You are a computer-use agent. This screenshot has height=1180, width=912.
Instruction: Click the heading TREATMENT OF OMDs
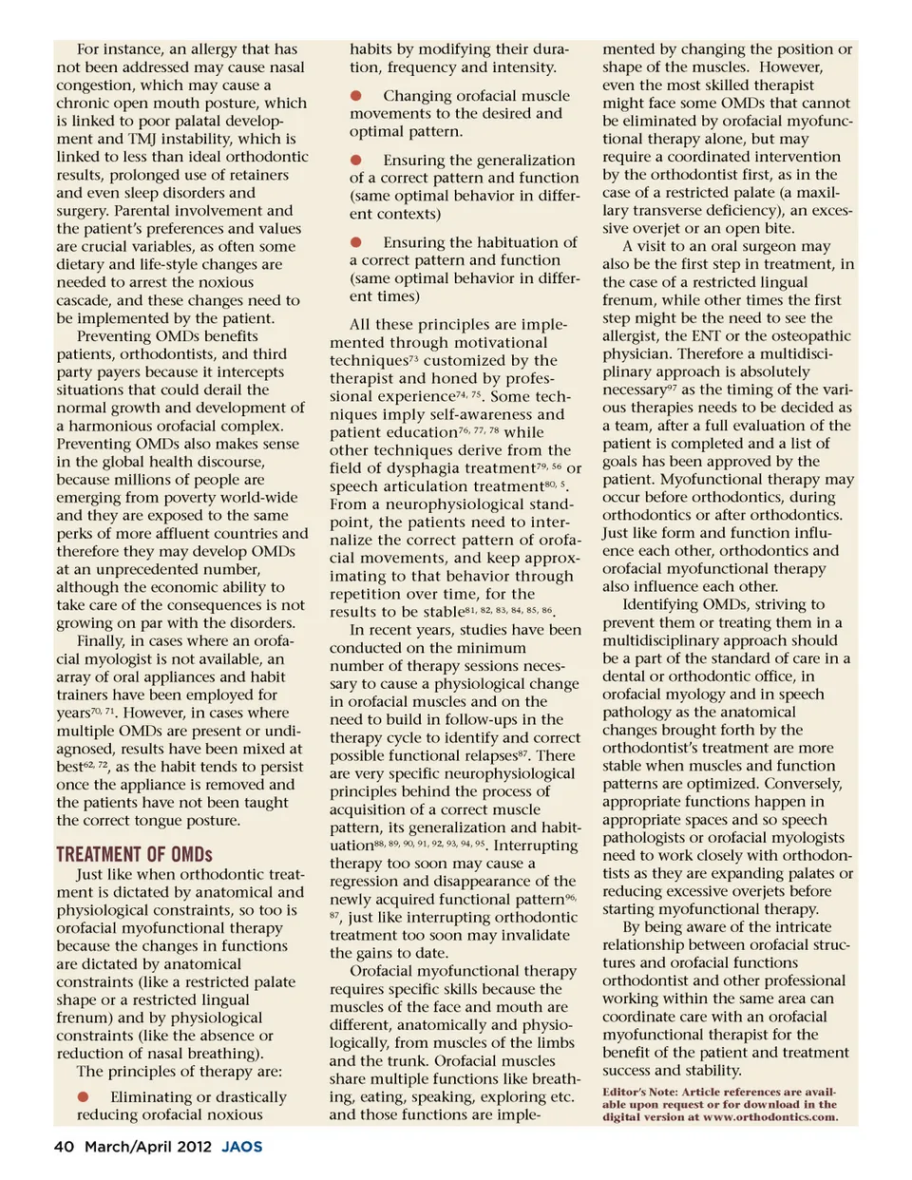134,854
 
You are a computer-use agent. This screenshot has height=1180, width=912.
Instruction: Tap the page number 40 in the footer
64,1147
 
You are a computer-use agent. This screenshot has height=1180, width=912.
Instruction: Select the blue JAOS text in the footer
242,1147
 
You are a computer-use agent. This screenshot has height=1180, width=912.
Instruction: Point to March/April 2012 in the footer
148,1147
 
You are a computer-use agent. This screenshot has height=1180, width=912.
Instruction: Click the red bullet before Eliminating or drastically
84,1096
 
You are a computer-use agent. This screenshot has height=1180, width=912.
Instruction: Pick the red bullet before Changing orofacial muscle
356,95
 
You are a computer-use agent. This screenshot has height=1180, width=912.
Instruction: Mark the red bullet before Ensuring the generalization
356,160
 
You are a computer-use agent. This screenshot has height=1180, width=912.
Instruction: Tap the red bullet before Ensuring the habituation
356,242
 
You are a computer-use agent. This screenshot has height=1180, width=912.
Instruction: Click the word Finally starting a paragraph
101,641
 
